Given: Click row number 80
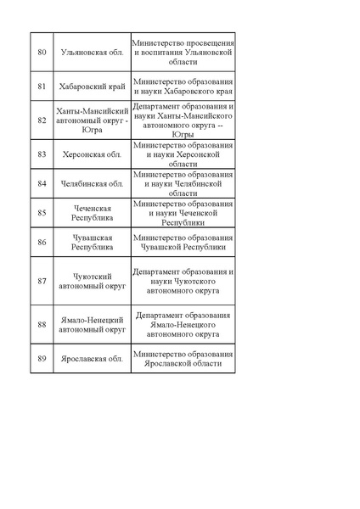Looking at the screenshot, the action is (x=42, y=52).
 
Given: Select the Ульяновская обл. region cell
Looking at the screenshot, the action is (x=93, y=52).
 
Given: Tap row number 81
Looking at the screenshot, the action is (x=42, y=87).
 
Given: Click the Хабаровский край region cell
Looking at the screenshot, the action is (x=93, y=87).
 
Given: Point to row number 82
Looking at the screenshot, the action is (x=42, y=121).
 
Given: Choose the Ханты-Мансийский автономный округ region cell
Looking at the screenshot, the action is (x=93, y=121).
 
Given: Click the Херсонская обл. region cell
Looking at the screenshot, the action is (x=93, y=155).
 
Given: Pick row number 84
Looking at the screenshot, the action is (x=42, y=183).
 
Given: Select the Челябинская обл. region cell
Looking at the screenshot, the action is (x=93, y=183).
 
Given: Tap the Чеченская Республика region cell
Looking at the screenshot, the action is (x=93, y=213).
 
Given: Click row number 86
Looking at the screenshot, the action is (x=42, y=242).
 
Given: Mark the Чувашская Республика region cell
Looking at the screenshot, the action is (x=93, y=242).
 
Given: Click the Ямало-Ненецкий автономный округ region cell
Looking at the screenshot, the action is (x=93, y=324).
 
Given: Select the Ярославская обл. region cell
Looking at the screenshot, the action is (x=93, y=359).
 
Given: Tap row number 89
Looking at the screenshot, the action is (x=42, y=359).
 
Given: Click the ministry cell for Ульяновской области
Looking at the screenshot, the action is (x=183, y=52).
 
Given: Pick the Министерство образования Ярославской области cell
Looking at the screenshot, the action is (x=183, y=359).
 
